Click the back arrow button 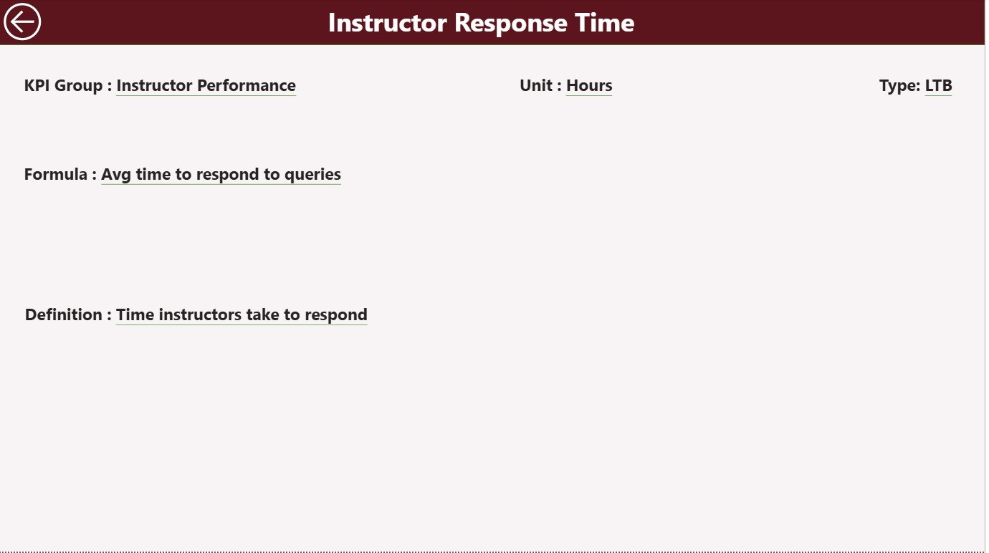[22, 22]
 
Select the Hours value [589, 86]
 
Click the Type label [899, 86]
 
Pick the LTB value [938, 86]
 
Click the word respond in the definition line [336, 315]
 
